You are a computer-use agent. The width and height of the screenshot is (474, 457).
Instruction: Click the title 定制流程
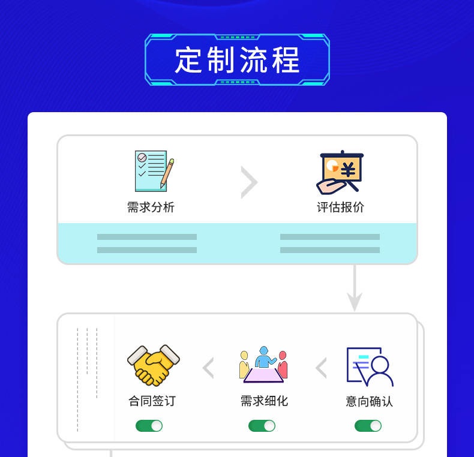point(237,60)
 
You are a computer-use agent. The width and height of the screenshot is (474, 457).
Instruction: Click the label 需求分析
point(151,208)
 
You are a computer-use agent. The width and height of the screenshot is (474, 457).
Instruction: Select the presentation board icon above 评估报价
point(340,172)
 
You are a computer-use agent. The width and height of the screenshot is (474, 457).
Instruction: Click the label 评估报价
point(340,208)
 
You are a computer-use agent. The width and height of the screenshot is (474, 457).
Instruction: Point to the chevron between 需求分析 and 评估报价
point(249,182)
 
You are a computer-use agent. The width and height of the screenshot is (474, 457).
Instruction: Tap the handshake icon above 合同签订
point(153,365)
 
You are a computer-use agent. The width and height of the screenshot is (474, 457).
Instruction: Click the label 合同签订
point(152,401)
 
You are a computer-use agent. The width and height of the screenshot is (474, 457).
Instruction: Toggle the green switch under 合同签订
point(149,426)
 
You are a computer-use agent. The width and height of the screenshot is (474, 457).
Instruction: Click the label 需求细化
point(264,401)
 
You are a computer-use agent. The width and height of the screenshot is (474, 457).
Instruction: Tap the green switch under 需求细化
point(262,426)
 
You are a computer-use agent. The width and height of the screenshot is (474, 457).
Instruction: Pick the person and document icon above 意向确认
point(369,366)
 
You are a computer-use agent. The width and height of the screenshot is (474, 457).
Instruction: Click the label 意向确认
point(369,401)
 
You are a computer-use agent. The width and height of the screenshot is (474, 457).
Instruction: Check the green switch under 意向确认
point(368,426)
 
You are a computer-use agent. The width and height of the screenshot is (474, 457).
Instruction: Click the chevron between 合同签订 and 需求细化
point(208,368)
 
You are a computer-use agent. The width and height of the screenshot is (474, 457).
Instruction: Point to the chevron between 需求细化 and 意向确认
point(321,368)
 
